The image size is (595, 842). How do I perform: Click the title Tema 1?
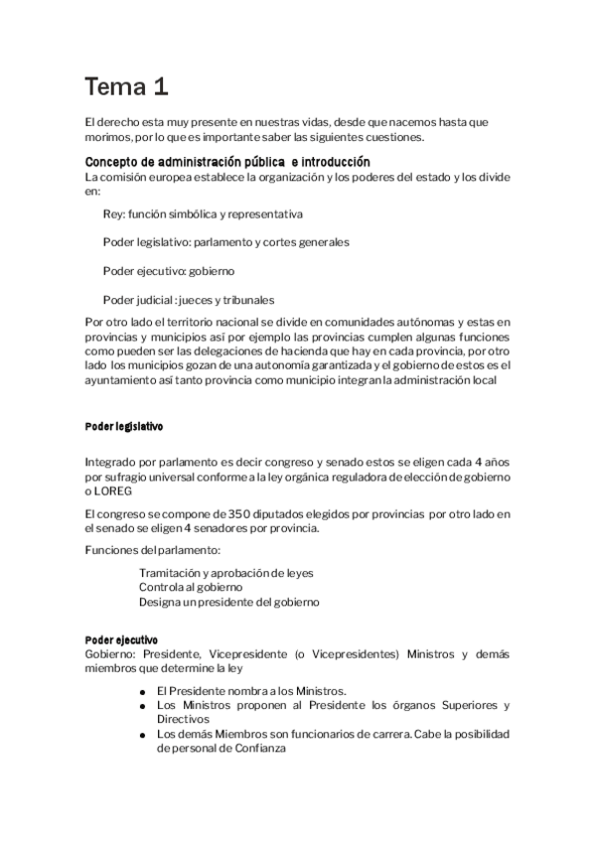125,87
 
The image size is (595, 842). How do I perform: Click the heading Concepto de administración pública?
227,162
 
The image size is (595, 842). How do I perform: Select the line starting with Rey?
203,213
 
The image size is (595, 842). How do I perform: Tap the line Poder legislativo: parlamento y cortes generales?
225,241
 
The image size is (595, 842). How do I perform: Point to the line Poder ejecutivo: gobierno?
168,270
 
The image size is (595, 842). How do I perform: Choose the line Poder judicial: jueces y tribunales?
189,299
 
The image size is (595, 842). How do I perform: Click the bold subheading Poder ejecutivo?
121,641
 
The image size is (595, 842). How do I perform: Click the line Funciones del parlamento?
152,549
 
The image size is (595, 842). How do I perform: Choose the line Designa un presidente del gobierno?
229,601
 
